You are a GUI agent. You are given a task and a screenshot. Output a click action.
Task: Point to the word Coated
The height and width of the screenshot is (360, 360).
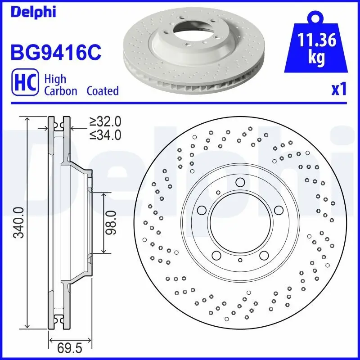pos(103,90)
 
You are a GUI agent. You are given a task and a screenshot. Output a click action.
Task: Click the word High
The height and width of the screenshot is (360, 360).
pos(55,79)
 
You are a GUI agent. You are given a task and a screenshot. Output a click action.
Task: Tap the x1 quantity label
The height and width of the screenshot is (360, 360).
pos(338,90)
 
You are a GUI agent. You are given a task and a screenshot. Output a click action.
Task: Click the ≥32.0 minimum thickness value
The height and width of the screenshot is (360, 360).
pos(105,121)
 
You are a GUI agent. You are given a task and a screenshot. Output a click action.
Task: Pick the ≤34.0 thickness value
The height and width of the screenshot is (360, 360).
pos(105,134)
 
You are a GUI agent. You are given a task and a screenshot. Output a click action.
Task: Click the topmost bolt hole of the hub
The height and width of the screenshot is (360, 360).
pos(240,182)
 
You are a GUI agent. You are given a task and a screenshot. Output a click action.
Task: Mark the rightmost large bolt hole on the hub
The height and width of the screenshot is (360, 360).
pos(279,210)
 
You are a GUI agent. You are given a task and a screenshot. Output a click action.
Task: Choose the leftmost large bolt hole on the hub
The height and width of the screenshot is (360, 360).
pos(202,210)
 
